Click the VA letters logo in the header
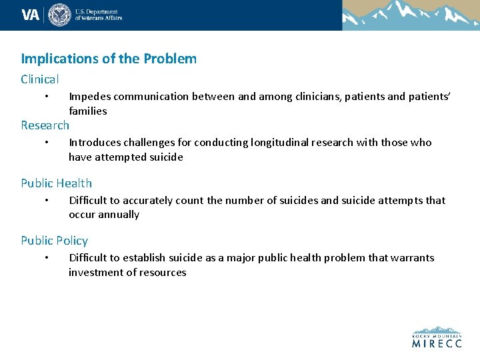[x=31, y=15]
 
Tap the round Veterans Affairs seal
[x=59, y=15]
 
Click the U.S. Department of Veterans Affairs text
[x=98, y=15]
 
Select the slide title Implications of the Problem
[x=109, y=59]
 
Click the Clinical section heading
[x=40, y=79]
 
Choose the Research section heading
[x=45, y=125]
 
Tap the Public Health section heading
[x=57, y=183]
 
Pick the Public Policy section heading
[x=54, y=241]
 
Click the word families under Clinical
[x=88, y=111]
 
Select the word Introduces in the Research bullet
[x=95, y=143]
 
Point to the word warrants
[x=413, y=258]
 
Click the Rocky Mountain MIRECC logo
[x=437, y=337]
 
